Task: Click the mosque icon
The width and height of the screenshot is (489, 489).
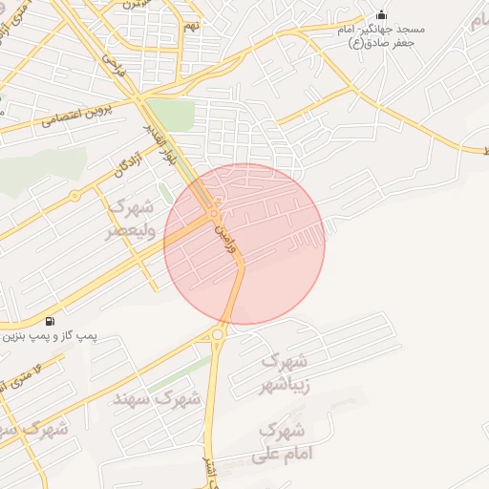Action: [x=382, y=14]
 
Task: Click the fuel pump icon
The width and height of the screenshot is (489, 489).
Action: [x=50, y=321]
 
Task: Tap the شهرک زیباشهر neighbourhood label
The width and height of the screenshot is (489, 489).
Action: [x=285, y=373]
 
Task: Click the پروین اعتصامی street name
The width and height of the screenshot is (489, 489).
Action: [x=77, y=116]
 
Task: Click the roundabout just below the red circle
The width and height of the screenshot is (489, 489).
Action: [x=219, y=333]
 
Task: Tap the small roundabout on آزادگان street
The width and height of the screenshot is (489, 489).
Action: [x=74, y=195]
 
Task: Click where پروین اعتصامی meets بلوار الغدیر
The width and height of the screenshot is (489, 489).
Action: [x=140, y=99]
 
